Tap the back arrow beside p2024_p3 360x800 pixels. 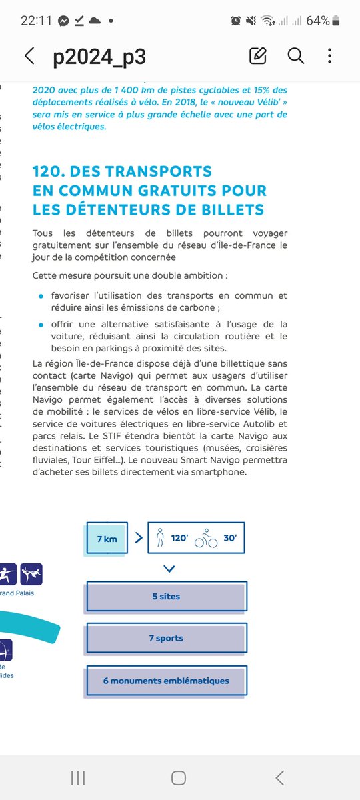coord(29,56)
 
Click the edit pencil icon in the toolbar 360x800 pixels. coord(257,56)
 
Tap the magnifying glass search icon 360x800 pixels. coord(296,56)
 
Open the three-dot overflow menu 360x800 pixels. coord(330,56)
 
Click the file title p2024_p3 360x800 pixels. coord(99,57)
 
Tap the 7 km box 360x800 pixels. coord(105,537)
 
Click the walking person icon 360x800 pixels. coord(159,537)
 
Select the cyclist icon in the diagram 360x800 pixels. coord(205,539)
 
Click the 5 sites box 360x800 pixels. coord(166,597)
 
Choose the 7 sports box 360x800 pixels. coord(166,638)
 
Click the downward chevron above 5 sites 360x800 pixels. coord(169,569)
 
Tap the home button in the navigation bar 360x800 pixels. coord(178,777)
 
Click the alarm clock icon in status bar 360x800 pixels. coord(236,21)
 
